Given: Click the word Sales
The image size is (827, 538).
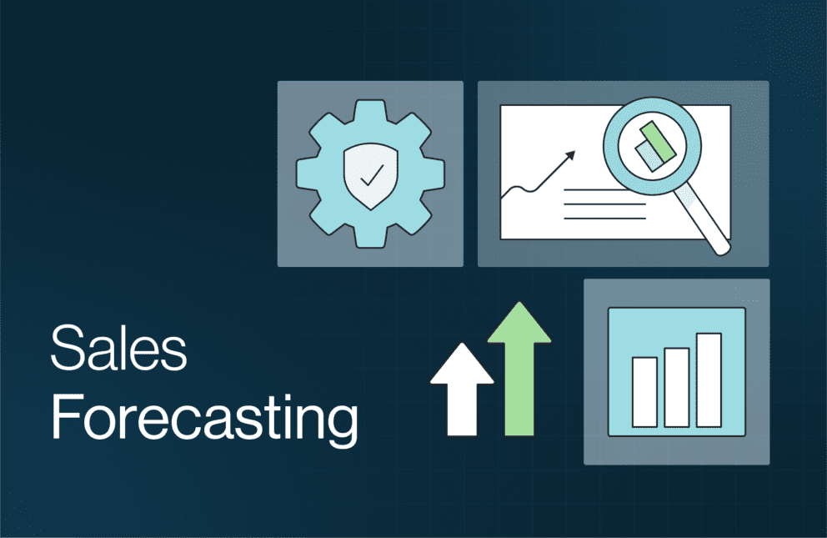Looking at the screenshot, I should coord(119,349).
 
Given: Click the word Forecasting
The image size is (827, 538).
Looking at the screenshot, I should coord(204,420).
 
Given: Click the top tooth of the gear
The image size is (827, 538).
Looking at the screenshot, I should coord(370,110).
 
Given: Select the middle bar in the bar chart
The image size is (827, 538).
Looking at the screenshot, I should coord(676,386).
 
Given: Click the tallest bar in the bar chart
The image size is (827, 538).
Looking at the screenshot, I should coord(709,379).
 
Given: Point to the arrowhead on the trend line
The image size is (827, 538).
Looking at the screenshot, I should coord(570,154).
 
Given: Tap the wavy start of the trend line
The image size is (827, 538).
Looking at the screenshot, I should coord(517,193).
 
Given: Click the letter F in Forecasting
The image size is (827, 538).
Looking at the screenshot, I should coord(63,420).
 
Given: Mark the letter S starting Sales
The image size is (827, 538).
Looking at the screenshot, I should coord(65,349).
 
